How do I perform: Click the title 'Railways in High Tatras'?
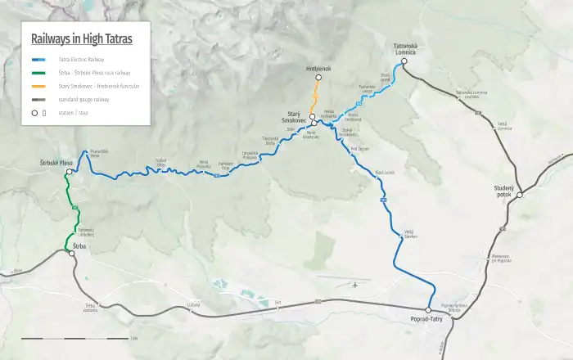tap(81, 38)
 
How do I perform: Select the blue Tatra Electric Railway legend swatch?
tap(39, 60)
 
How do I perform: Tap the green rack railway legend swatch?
tap(39, 73)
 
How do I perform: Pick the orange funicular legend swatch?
tap(39, 86)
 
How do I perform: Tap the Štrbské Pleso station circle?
tap(70, 172)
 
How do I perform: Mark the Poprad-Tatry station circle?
tap(428, 310)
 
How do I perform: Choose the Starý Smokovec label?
tap(288, 117)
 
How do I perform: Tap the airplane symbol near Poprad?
tap(354, 285)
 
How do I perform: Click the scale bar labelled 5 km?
tap(74, 337)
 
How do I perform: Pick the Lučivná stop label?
tap(194, 305)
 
